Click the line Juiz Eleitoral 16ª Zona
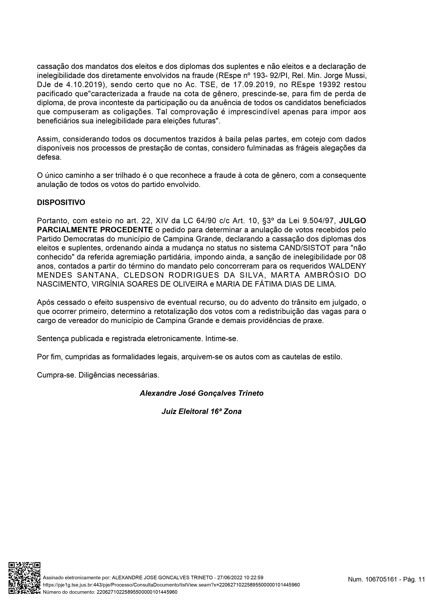pos(201,411)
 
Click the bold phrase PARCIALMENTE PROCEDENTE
pos(95,230)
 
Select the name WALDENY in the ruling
pos(347,266)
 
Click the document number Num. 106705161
pos(372,579)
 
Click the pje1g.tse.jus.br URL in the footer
pos(171,585)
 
